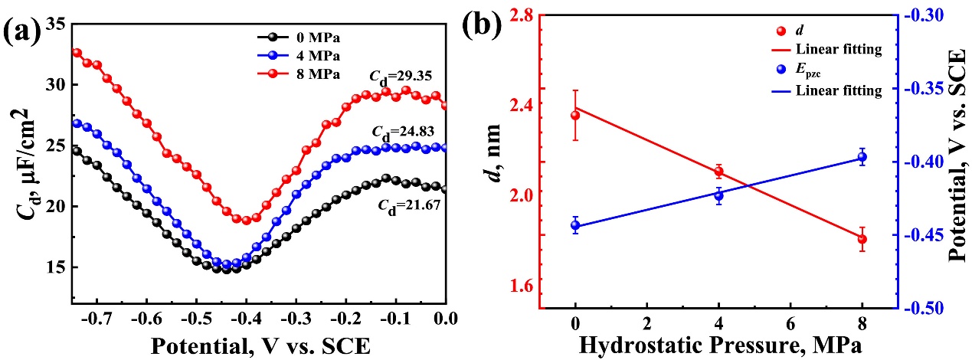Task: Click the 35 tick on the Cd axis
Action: (55, 24)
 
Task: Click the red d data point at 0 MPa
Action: (575, 115)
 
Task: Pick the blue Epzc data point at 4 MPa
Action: (718, 195)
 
